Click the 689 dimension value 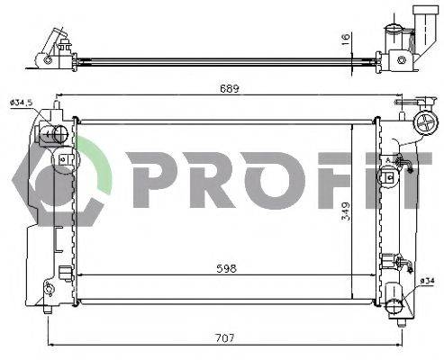pyautogui.click(x=229, y=89)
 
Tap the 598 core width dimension pyautogui.click(x=226, y=268)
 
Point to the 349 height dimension pyautogui.click(x=346, y=211)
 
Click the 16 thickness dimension pyautogui.click(x=346, y=40)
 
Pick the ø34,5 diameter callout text pyautogui.click(x=22, y=103)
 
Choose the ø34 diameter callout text pyautogui.click(x=427, y=281)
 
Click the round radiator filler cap pyautogui.click(x=424, y=123)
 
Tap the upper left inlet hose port pyautogui.click(x=56, y=134)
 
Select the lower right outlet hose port pyautogui.click(x=394, y=306)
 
